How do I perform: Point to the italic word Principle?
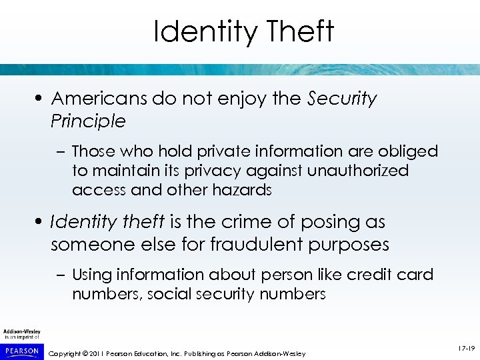pyautogui.click(x=88, y=121)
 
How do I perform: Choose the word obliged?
pyautogui.click(x=409, y=152)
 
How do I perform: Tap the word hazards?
pyautogui.click(x=241, y=190)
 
